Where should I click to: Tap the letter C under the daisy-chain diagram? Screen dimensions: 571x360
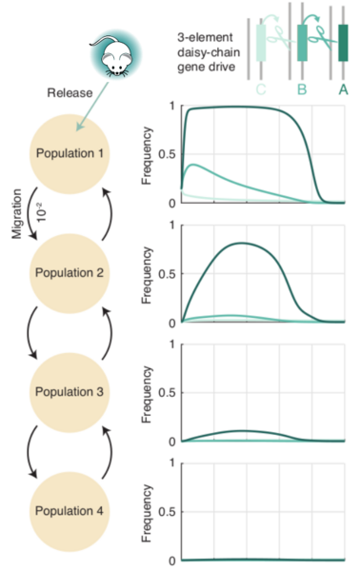261,89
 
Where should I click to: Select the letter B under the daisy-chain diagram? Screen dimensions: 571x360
302,89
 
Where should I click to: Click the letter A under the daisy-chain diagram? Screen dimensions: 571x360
343,89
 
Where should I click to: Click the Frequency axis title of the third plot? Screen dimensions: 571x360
147,393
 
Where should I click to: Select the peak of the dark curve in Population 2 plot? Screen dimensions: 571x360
245,243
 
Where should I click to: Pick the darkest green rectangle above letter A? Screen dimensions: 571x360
343,43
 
